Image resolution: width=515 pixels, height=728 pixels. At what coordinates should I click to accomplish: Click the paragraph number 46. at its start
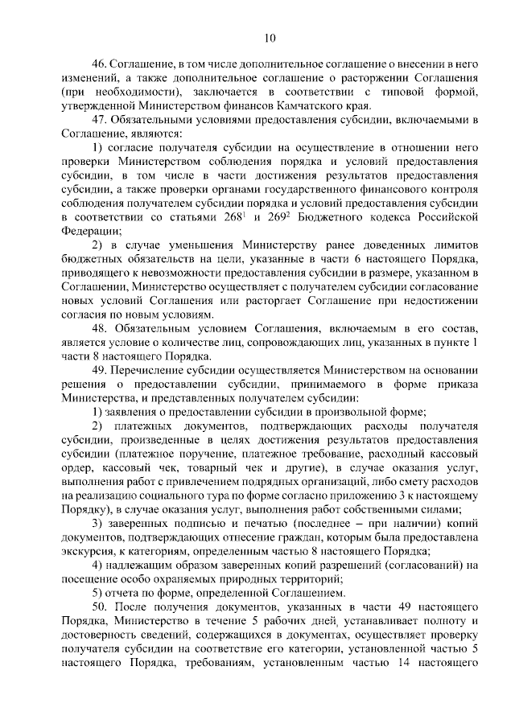(99, 63)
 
